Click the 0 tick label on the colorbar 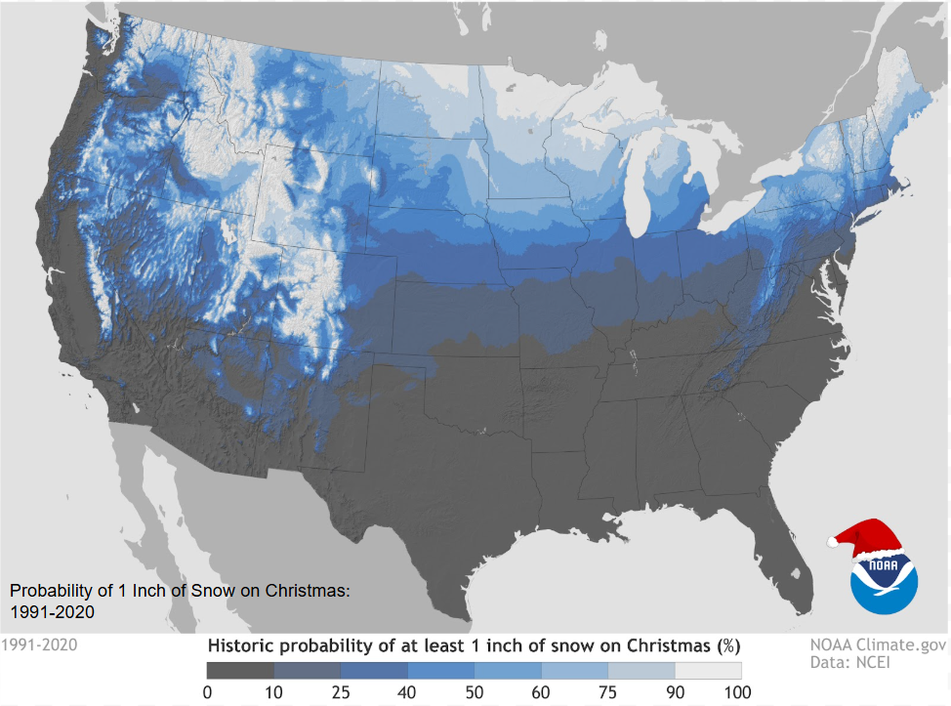pos(207,692)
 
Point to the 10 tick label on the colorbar pos(274,692)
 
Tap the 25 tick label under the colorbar pos(341,692)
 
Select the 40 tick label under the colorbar pos(408,692)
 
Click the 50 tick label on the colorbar pos(475,692)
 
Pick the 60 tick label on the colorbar pos(541,692)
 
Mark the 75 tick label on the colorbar pos(608,692)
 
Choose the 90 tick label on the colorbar pos(675,692)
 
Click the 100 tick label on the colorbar pos(739,692)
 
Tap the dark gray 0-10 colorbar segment pos(240,671)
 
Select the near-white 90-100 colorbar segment pos(708,671)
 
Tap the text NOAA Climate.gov pos(878,644)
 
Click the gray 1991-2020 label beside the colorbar pos(39,644)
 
